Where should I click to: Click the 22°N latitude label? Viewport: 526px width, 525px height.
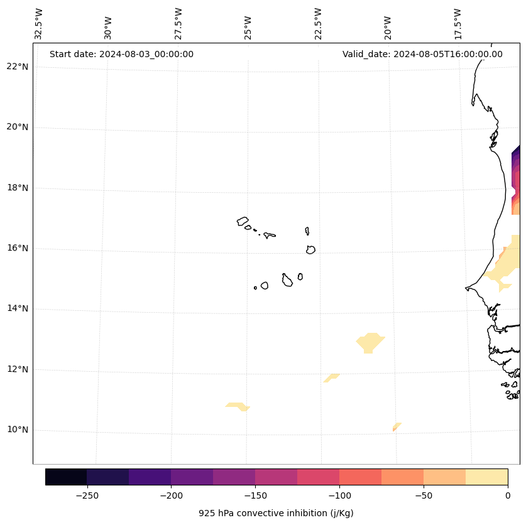click(17, 67)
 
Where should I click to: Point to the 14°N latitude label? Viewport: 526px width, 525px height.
click(17, 309)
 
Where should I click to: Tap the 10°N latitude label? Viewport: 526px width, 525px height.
click(17, 430)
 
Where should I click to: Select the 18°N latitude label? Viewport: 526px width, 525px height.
click(17, 188)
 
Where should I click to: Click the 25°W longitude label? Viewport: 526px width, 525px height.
click(248, 24)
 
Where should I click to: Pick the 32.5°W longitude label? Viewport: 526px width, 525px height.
click(39, 24)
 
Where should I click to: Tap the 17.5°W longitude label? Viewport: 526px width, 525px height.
click(458, 24)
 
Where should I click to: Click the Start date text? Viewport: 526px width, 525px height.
click(121, 54)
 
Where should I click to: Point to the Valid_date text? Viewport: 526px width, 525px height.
click(422, 54)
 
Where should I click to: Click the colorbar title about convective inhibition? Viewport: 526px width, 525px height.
click(276, 513)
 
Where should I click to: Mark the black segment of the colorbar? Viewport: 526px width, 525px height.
click(66, 477)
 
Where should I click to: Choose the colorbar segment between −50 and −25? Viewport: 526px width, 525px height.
click(444, 477)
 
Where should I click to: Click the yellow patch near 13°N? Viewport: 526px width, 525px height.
click(370, 342)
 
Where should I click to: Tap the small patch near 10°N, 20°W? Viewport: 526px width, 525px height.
click(397, 426)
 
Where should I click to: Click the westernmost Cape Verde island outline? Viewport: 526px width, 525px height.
click(243, 221)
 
